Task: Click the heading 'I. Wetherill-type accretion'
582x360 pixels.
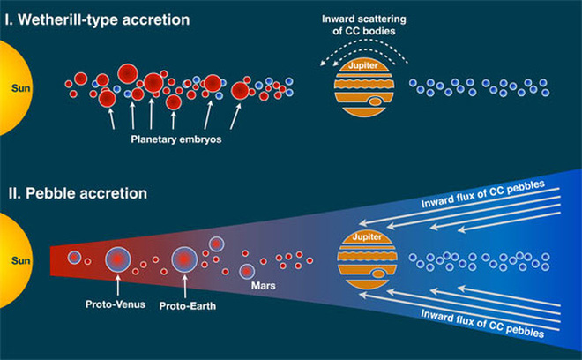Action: tap(98, 20)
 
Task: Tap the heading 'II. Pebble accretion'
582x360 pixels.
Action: tap(78, 193)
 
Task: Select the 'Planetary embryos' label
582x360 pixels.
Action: tap(176, 139)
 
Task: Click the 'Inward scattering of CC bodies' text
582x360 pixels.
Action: tap(363, 25)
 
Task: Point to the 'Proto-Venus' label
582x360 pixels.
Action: tap(115, 304)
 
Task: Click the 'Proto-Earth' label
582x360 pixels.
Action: tap(188, 306)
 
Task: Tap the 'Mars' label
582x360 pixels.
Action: tap(263, 286)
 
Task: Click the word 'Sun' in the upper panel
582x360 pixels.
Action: tap(20, 88)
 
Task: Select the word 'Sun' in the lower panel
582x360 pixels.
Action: tap(20, 260)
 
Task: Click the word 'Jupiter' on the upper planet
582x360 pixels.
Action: tap(363, 65)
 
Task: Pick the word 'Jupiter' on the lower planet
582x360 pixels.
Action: tap(367, 237)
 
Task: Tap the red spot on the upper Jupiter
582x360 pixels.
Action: tap(376, 101)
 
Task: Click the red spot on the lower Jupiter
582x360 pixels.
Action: tap(378, 274)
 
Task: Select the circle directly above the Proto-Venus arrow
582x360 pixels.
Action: tap(117, 259)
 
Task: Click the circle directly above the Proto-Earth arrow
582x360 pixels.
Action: tap(184, 259)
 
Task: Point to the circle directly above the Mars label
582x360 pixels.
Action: tap(247, 272)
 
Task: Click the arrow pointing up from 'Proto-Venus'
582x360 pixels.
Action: tap(117, 285)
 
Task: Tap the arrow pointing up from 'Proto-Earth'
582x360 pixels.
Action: tap(184, 286)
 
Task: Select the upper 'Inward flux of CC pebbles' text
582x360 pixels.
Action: tap(483, 194)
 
